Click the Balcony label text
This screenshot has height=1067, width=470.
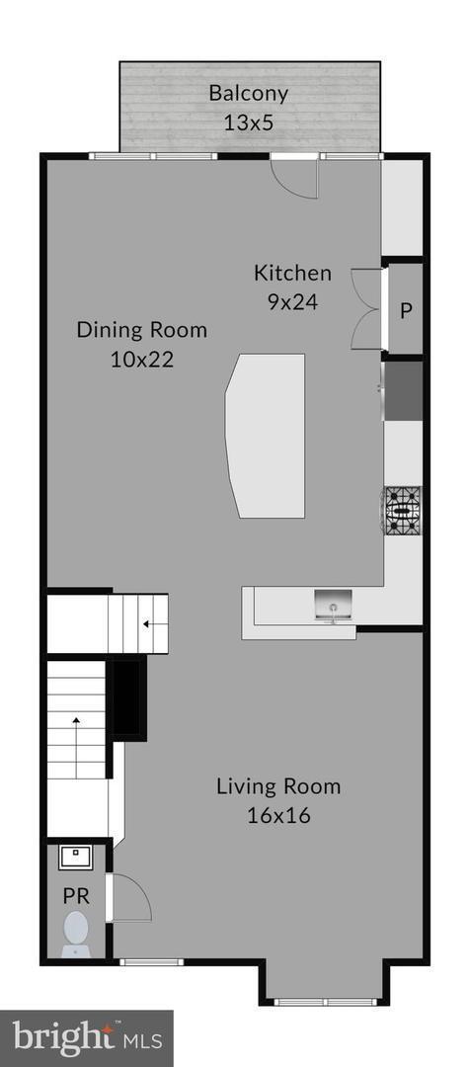pos(248,94)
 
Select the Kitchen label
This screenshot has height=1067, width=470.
pos(292,274)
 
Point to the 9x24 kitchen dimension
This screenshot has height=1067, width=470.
pos(292,302)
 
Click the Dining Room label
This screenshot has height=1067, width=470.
pos(142,329)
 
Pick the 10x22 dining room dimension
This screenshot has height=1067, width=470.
pos(142,359)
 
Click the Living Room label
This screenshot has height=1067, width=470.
pos(278,786)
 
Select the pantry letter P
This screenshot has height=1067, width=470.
pos(406,310)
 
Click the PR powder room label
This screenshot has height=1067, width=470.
pos(74,897)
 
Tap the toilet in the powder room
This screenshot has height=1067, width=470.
pos(76,932)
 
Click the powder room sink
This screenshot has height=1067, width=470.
pos(75,857)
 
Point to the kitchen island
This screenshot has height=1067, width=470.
pos(265,435)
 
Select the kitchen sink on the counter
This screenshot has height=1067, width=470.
pos(334,605)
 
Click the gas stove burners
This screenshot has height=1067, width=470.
pos(403,510)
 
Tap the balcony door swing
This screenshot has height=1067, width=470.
pos(296,178)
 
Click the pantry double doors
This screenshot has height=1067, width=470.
pos(366,308)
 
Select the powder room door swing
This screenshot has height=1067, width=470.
pos(129,897)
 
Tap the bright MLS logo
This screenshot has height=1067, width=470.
pos(86,1037)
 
